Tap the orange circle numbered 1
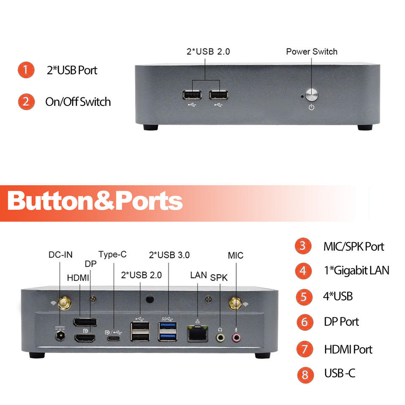(26, 70)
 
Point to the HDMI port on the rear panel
(85, 338)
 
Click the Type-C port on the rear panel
(113, 338)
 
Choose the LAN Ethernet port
(197, 334)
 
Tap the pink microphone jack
(236, 337)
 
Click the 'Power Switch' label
(311, 52)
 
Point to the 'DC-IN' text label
(60, 254)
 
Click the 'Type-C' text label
(112, 254)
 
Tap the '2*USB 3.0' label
(169, 255)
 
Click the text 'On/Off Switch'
(78, 102)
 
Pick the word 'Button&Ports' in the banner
(95, 201)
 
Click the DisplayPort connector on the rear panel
(84, 322)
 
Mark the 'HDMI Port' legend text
(348, 349)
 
